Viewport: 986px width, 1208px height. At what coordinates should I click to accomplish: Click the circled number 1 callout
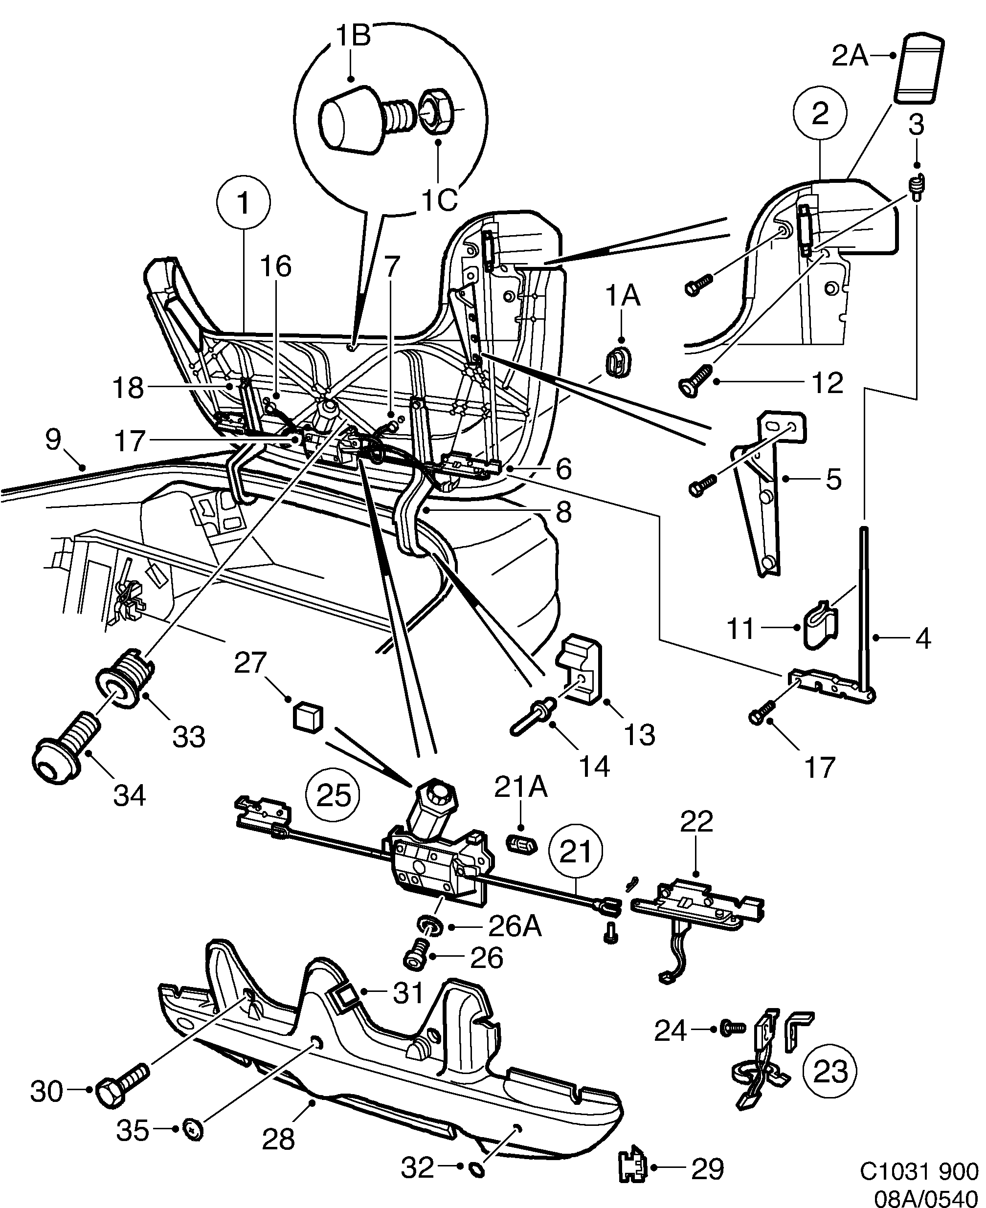click(x=244, y=203)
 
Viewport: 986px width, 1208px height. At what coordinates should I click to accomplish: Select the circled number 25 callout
click(x=333, y=795)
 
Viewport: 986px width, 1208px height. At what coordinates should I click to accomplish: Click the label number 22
click(x=697, y=821)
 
